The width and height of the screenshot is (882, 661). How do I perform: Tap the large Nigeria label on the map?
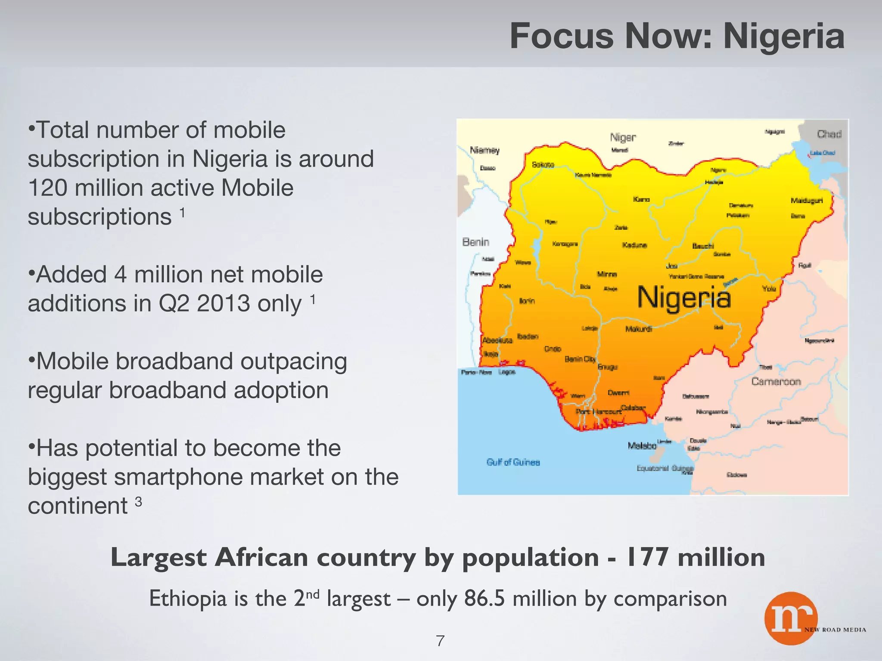pyautogui.click(x=684, y=297)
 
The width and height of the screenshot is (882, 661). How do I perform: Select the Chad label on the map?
pyautogui.click(x=829, y=134)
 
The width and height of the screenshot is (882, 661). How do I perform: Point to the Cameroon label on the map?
pyautogui.click(x=776, y=382)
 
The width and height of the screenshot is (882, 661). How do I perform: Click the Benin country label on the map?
pyautogui.click(x=476, y=242)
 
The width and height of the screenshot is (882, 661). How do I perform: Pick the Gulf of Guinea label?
pyautogui.click(x=513, y=462)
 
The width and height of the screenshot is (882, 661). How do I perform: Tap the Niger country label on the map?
pyautogui.click(x=623, y=137)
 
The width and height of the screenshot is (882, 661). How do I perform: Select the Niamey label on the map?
pyautogui.click(x=484, y=150)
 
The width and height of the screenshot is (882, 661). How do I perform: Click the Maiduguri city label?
pyautogui.click(x=807, y=201)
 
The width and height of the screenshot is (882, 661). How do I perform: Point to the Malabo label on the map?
pyautogui.click(x=642, y=446)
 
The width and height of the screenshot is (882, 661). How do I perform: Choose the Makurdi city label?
pyautogui.click(x=638, y=329)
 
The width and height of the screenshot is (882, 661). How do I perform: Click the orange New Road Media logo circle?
pyautogui.click(x=791, y=618)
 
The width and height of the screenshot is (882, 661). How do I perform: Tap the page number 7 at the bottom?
pyautogui.click(x=440, y=641)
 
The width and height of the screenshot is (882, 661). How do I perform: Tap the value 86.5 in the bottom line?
pyautogui.click(x=484, y=599)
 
